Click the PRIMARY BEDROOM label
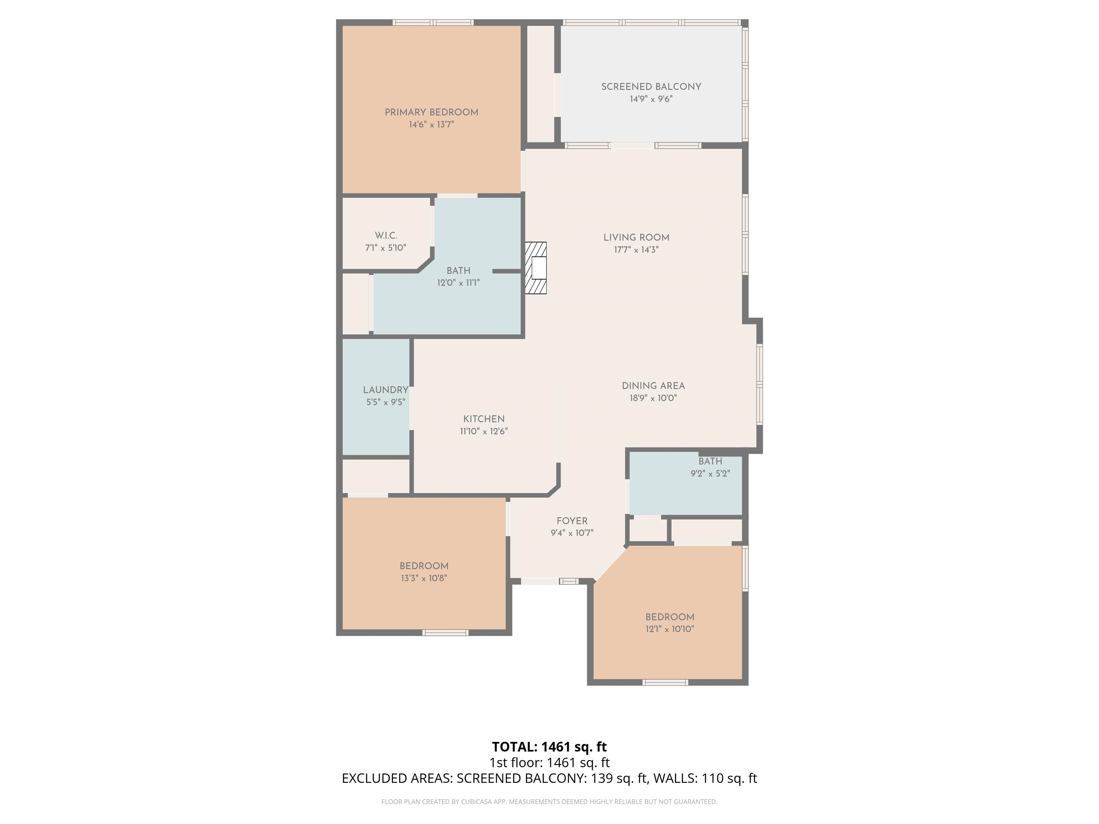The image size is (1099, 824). (431, 112)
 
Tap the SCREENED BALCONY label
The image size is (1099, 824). (651, 87)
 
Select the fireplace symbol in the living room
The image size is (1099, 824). (536, 268)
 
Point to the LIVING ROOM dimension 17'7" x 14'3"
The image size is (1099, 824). (636, 250)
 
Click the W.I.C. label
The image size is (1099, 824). (386, 235)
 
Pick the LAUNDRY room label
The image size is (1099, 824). (386, 390)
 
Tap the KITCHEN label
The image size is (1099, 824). (484, 419)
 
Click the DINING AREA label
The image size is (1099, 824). (653, 386)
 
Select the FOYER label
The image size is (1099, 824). (572, 521)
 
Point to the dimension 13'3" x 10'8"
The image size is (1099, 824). (424, 578)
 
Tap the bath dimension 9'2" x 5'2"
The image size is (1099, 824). (710, 474)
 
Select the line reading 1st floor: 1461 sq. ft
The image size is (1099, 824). (549, 762)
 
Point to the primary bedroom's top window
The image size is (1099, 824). (433, 22)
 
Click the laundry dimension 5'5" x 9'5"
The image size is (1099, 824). (386, 402)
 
